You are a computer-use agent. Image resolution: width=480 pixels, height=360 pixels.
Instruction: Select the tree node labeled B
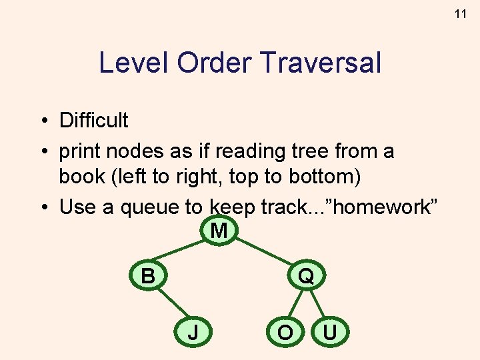(x=147, y=275)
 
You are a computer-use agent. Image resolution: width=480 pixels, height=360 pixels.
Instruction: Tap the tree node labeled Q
(x=306, y=275)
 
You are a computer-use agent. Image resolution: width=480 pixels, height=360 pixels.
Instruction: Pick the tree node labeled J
(x=193, y=331)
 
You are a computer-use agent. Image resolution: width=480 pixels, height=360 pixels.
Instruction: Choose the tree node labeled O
(x=285, y=331)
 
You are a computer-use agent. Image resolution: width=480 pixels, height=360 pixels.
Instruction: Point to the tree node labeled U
(x=329, y=331)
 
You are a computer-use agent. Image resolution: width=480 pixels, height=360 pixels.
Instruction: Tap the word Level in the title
(x=133, y=63)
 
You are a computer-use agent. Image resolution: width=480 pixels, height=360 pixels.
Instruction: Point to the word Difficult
(x=93, y=121)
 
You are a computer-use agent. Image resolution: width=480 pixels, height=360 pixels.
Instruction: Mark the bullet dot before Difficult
(x=41, y=121)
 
